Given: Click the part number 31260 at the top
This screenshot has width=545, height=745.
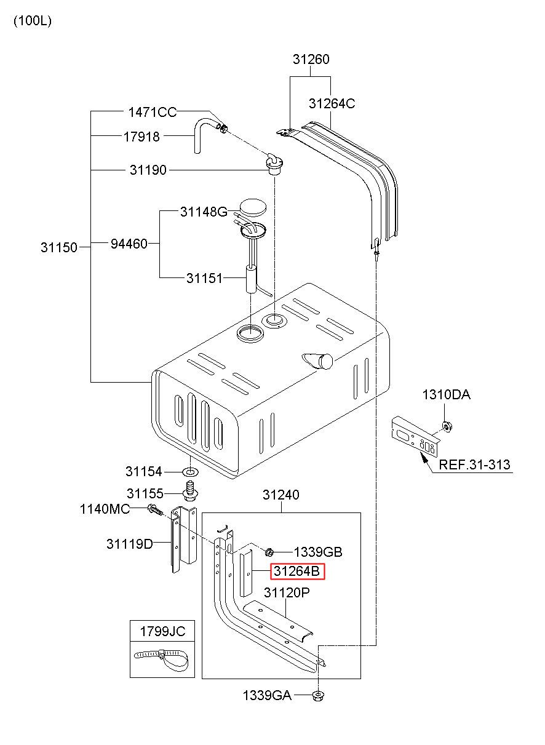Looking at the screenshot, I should (311, 60).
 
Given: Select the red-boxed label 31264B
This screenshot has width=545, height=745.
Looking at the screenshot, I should (297, 572).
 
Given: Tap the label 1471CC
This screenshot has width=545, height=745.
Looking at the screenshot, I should (152, 112).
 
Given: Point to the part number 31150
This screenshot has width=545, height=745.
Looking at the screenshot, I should (59, 247).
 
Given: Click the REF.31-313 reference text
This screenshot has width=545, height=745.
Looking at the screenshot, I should (474, 464).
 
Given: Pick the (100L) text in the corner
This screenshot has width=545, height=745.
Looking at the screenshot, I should (33, 20).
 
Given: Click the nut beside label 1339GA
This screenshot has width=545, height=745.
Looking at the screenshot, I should (319, 696).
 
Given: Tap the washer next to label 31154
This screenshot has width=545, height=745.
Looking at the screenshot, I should (190, 472).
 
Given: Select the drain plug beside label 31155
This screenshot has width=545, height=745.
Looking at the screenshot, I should (190, 492).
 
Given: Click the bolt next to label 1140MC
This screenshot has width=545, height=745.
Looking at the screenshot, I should (154, 509).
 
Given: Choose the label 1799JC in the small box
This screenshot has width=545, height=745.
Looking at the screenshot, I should (162, 631).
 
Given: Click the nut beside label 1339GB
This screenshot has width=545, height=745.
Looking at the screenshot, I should (269, 551).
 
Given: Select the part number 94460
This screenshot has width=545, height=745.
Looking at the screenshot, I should (129, 244).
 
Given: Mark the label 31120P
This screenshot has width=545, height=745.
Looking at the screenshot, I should (286, 593).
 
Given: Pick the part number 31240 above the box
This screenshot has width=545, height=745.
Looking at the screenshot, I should (281, 495).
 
